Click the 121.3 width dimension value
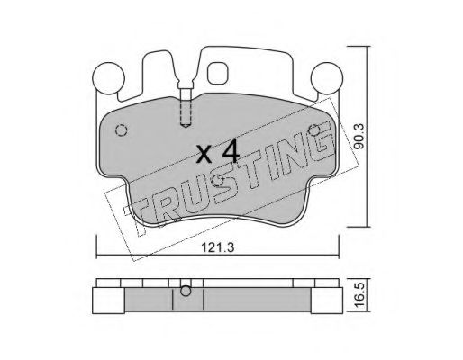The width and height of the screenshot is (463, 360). (217, 247)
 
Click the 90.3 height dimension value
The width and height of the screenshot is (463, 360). (359, 137)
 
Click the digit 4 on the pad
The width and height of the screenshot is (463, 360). (231, 152)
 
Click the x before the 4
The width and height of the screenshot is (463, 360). (205, 155)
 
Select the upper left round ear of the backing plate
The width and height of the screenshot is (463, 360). (109, 77)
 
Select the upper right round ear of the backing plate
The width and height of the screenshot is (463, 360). (327, 77)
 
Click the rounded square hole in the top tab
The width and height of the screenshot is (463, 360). (218, 73)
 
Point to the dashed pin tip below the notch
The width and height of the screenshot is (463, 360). (186, 124)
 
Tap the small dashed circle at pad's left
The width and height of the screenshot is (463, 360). (122, 130)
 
